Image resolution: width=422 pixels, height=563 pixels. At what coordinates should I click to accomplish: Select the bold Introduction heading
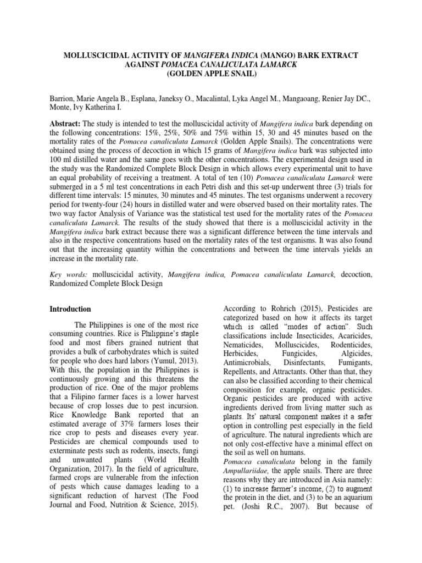[71, 309]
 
